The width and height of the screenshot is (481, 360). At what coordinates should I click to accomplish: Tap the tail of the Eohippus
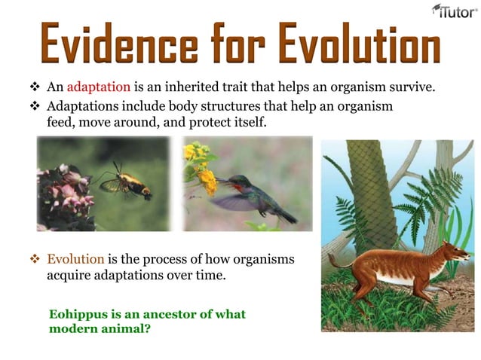tap(337, 261)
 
